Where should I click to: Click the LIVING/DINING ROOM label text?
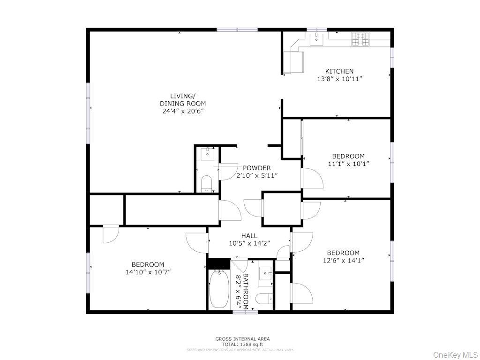tap(182, 99)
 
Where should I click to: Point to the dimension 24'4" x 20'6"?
tap(182, 111)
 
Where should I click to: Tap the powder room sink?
tap(207, 154)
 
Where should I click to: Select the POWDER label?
tap(256, 168)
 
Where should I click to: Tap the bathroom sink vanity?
tap(266, 272)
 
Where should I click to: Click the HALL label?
tap(249, 236)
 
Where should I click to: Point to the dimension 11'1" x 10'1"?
tap(348, 164)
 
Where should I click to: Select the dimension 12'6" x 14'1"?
tap(343, 261)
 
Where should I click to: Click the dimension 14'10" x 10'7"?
tap(148, 272)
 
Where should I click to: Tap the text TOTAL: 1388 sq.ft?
tap(242, 345)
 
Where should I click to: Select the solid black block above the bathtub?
tap(218, 264)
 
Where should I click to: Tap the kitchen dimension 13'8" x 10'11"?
tap(339, 79)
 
